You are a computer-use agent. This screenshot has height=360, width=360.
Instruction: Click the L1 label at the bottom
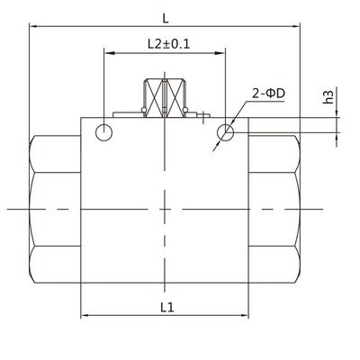pos(166,307)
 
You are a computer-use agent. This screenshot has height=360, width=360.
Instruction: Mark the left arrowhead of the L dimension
pos(35,26)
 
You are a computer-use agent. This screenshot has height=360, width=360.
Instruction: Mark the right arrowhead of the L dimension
pos(298,26)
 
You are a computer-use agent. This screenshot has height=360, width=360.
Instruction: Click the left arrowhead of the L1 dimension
pos(85,316)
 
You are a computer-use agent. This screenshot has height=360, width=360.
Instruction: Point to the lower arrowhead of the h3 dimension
pos(337,136)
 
